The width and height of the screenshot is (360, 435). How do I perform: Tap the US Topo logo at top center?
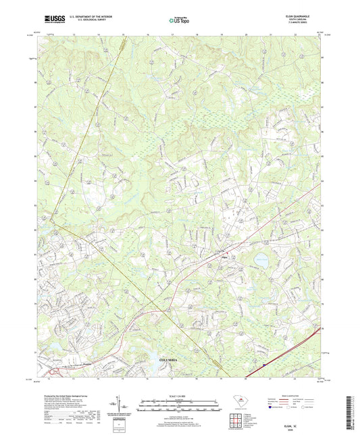174,22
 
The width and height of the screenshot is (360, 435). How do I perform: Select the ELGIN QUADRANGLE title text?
303,18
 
